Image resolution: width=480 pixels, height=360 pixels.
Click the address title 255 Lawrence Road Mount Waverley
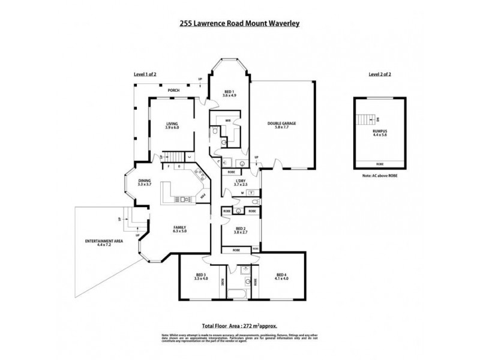[x=240, y=24]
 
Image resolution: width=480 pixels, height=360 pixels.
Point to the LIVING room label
[x=172, y=124]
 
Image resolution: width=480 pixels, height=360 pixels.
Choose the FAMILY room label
[x=179, y=228]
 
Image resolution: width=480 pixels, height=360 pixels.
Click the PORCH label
[x=173, y=90]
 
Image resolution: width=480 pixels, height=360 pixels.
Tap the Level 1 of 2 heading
[x=145, y=74]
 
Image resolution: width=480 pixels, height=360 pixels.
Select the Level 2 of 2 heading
[x=380, y=74]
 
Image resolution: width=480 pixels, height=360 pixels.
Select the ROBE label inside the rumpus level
[x=380, y=163]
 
